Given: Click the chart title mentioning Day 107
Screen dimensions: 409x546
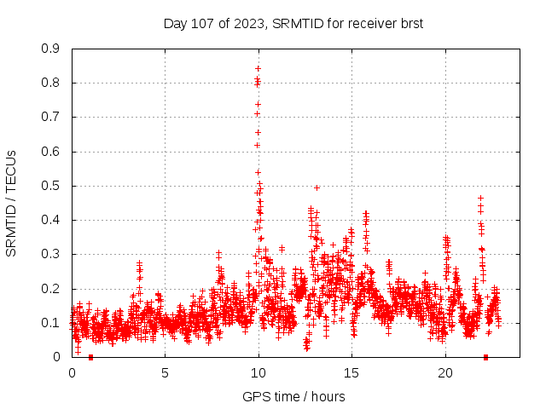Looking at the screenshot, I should pos(293,23).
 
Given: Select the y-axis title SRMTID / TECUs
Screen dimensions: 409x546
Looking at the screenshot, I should pos(11,203).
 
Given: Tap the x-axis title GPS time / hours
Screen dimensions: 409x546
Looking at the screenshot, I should pos(293,396).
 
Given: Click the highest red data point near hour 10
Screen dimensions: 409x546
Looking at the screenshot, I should pos(258,68).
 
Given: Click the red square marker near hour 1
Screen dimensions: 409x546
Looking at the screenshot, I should pos(90,357).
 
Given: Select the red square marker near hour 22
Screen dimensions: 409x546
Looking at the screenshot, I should pos(485,357).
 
